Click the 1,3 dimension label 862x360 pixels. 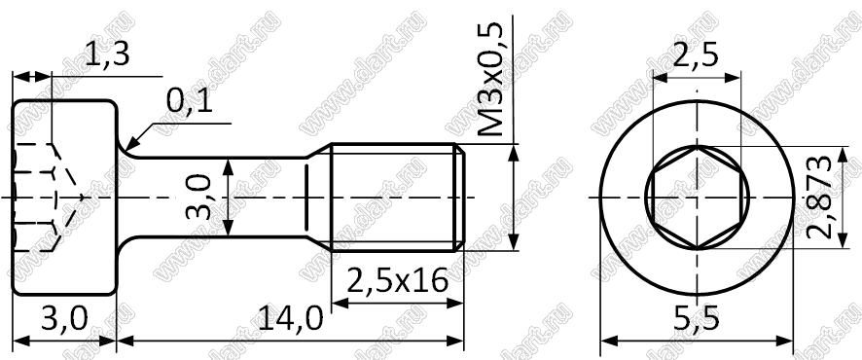[x=107, y=55]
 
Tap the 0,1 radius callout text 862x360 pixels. [x=189, y=102]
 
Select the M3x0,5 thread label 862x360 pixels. [x=490, y=80]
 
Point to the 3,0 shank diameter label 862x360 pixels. [x=198, y=197]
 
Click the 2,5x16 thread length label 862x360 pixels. [x=398, y=281]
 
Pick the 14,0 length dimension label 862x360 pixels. [x=291, y=319]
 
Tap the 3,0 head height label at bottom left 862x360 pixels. [x=64, y=319]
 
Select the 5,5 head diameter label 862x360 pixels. [x=696, y=319]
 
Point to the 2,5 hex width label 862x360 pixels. [x=696, y=55]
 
